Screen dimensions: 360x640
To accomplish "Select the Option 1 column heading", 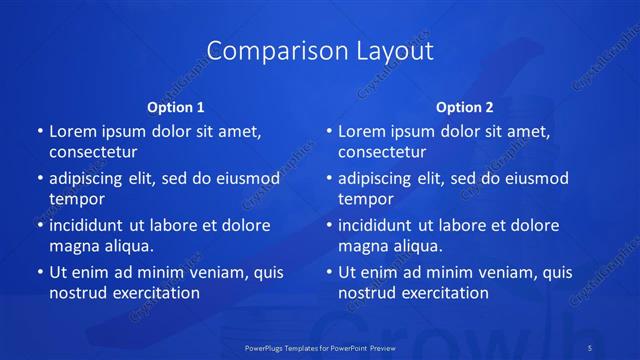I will (x=176, y=107).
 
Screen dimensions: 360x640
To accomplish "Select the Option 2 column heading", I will (x=465, y=107).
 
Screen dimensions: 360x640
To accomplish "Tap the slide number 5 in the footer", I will (x=590, y=347).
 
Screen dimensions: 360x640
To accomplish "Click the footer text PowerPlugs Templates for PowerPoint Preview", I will (x=320, y=347).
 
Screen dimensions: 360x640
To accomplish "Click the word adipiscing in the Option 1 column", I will (x=89, y=179).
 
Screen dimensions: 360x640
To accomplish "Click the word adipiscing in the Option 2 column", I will (x=378, y=179).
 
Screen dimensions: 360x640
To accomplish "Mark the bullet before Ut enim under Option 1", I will (x=39, y=272).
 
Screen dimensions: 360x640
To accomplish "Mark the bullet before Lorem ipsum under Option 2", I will (x=328, y=131).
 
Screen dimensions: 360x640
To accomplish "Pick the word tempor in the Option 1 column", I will (x=77, y=199).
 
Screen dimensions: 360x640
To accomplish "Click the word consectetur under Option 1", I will (x=93, y=152).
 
